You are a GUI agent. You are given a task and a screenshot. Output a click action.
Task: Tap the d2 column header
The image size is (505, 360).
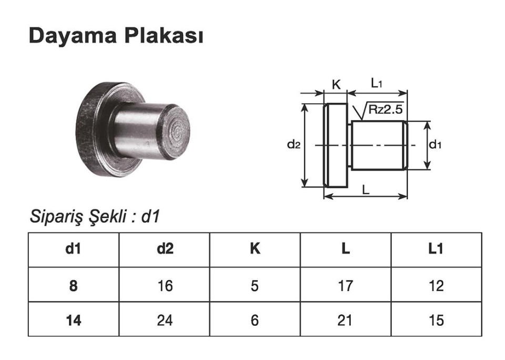[x=164, y=249]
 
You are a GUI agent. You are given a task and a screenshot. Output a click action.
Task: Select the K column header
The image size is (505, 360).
[x=255, y=249]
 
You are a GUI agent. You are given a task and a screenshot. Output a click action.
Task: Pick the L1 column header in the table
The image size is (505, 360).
[x=436, y=249]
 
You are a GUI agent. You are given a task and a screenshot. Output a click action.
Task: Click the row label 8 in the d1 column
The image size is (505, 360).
[x=73, y=285]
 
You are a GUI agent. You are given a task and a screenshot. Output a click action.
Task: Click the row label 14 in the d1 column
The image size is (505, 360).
[x=73, y=320]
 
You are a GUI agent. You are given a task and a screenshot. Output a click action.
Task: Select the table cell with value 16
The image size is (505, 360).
[x=164, y=285]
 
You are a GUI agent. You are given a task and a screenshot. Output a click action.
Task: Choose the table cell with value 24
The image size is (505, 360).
[x=164, y=320]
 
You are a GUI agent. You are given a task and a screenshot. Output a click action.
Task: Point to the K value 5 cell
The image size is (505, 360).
[x=255, y=285]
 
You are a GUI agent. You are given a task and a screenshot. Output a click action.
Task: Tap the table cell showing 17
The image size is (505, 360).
[x=345, y=285]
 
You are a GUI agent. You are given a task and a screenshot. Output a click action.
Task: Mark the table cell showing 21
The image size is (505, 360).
[x=345, y=320]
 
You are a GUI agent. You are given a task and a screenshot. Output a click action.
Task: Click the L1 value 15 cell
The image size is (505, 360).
[x=436, y=320]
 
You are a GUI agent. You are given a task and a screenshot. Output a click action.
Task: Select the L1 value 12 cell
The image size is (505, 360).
[x=436, y=285]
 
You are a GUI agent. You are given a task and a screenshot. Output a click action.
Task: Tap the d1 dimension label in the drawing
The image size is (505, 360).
[x=435, y=145]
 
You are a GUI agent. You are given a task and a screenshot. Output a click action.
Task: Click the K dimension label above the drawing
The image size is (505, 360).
[x=336, y=84]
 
